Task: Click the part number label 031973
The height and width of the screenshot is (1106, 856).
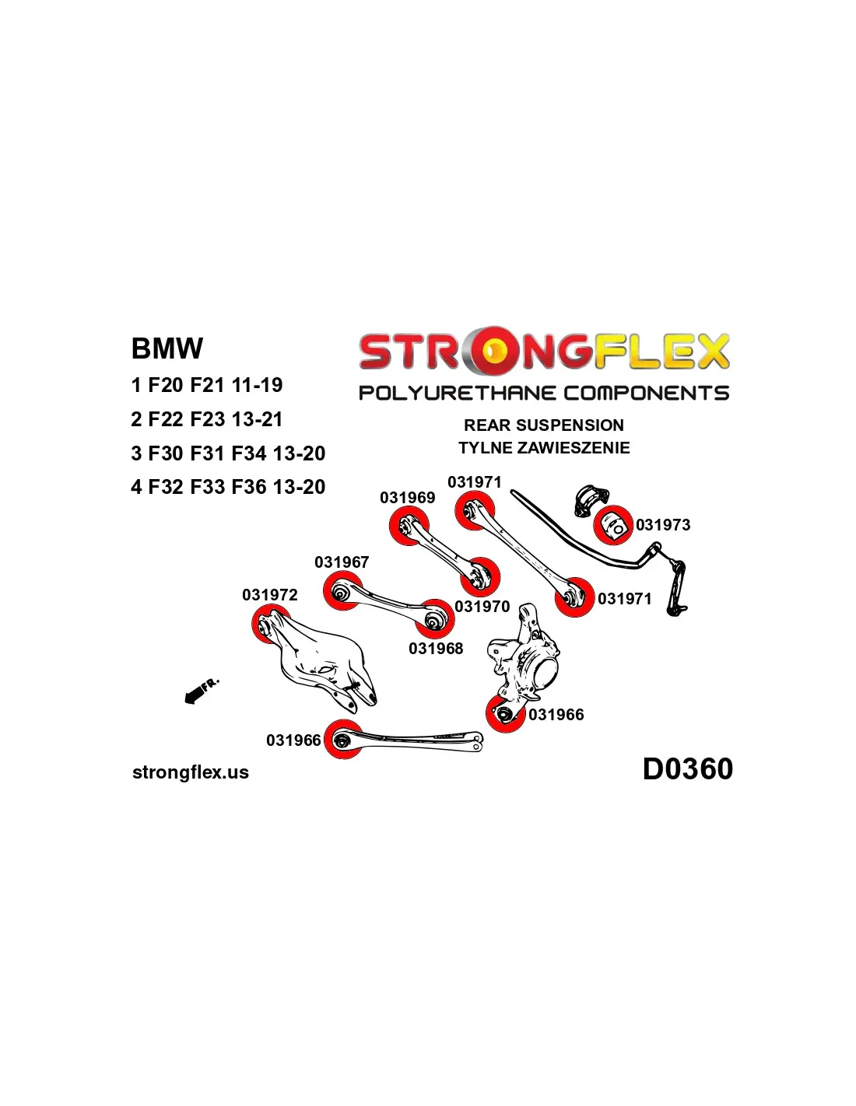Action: tap(663, 525)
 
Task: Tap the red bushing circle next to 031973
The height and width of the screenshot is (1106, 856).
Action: tap(613, 525)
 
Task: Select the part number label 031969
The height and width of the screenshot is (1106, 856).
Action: tap(407, 498)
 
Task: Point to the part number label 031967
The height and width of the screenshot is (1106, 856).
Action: tap(342, 562)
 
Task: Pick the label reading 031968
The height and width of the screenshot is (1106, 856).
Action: tap(436, 649)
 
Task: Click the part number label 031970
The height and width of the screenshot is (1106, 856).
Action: tap(482, 607)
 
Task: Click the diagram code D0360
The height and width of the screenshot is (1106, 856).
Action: tap(687, 769)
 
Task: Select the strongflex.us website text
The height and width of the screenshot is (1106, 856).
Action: tap(191, 772)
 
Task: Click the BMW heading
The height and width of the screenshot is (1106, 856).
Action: tap(167, 348)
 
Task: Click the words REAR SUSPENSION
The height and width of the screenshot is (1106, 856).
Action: tap(544, 425)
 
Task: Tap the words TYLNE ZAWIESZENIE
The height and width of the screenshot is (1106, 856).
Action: tap(544, 448)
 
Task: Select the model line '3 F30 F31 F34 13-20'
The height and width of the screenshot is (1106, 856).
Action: tap(228, 453)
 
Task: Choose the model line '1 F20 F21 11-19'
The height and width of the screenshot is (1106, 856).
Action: tap(207, 385)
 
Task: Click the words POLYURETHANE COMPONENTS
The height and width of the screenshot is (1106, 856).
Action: tap(544, 394)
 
